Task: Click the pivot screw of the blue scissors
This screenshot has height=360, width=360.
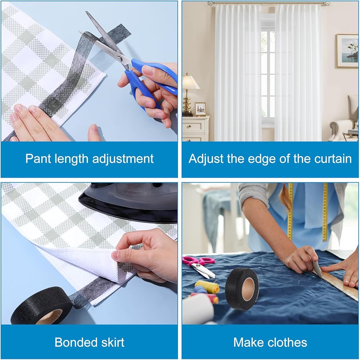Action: [120, 59]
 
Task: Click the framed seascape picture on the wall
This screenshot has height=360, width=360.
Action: [347, 51]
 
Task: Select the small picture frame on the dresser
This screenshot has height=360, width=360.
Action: [200, 109]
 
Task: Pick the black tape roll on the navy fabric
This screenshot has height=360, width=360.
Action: [242, 289]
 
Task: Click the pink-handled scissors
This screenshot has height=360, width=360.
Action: [199, 265]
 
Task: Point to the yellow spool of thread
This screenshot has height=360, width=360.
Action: [207, 286]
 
